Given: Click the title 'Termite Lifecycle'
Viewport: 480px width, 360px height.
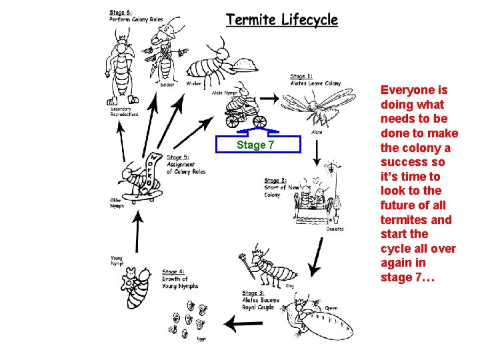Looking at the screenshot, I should [281, 20].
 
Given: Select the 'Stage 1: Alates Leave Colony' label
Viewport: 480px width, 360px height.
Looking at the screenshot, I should [315, 80].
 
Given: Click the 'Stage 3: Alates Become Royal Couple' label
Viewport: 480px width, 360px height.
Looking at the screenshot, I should [263, 300].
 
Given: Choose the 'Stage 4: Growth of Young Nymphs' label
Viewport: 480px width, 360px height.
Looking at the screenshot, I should [179, 279].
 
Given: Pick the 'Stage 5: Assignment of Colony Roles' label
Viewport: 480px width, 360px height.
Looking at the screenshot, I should [185, 164].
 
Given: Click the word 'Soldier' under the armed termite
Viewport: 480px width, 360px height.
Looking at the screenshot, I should [167, 85].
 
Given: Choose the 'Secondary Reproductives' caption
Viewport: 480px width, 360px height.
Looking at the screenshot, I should [125, 111].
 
